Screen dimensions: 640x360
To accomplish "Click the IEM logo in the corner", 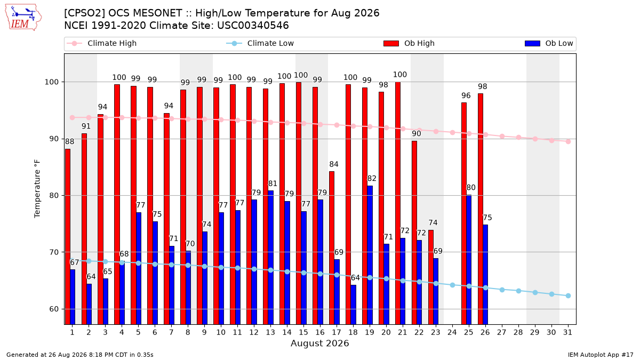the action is coord(23,18).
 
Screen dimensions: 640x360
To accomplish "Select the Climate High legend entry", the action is coord(101,43).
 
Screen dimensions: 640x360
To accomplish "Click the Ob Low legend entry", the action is coord(549,43).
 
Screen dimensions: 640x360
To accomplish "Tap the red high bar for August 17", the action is coord(332,247).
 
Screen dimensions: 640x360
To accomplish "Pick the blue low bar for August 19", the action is coord(370,255).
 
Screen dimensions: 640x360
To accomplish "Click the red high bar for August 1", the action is coord(68,237).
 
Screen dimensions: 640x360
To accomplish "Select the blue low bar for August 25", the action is coord(469,260).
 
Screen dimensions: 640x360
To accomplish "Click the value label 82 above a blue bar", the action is coord(372,179).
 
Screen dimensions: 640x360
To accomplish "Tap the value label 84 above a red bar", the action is coord(334,164).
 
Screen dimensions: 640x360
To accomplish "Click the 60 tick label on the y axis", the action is coord(54,309).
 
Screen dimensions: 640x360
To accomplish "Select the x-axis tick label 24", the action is coord(452,332).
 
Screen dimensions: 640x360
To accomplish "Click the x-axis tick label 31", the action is coord(567,332).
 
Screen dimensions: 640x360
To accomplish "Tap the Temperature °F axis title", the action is coord(37,189).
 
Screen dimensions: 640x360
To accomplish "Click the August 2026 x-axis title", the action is coord(320,343).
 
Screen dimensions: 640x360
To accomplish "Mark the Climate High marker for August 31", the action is coord(569,142).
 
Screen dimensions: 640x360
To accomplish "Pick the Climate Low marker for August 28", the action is coord(518,291).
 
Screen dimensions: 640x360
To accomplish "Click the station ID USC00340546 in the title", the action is coord(253,26).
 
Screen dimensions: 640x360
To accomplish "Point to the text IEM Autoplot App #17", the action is coord(601,355).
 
